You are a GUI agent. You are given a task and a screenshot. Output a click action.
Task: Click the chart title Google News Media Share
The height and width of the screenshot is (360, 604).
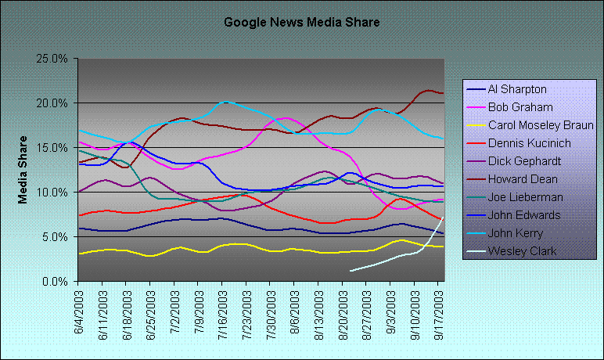coord(301,22)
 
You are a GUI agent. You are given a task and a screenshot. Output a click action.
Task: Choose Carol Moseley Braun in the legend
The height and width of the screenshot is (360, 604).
coord(540,124)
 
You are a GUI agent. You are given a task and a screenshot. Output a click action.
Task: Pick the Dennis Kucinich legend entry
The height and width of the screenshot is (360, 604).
coord(529,142)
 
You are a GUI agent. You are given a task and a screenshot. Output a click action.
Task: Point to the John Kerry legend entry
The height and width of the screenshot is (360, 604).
coord(516,232)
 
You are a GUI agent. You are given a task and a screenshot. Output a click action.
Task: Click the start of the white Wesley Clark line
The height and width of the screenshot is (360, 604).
coord(351,271)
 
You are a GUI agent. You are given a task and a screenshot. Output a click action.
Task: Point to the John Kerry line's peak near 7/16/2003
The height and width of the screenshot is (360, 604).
coord(225,102)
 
